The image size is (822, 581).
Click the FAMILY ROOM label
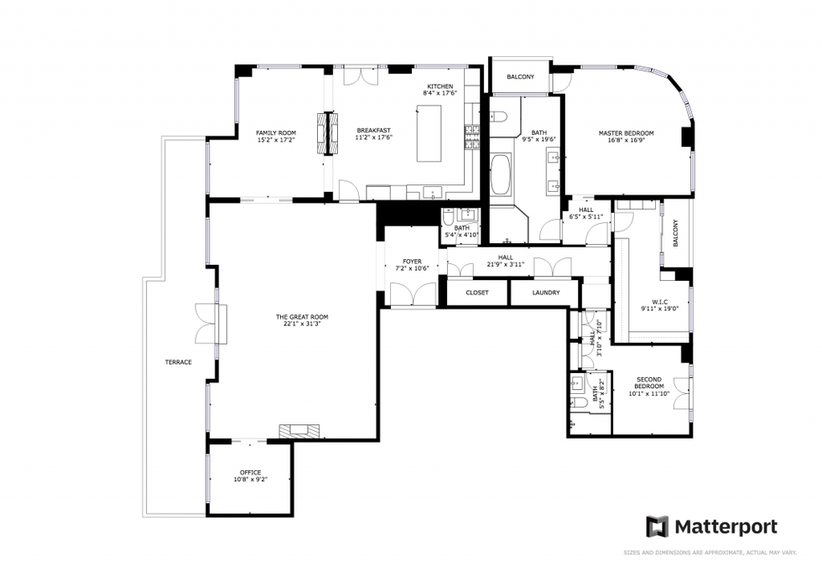(x=276, y=132)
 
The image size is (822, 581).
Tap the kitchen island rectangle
(x=430, y=132)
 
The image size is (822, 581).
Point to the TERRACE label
(x=178, y=362)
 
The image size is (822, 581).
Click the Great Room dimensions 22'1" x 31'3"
(x=302, y=324)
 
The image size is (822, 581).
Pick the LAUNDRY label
(x=546, y=293)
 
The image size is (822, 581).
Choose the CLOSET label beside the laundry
(x=477, y=293)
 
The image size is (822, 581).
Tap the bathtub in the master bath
(x=501, y=174)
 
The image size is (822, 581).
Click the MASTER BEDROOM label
(x=626, y=133)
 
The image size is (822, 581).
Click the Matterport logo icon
(x=657, y=527)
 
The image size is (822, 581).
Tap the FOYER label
(x=412, y=262)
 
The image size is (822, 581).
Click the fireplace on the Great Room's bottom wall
(x=300, y=431)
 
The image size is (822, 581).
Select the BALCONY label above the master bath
(x=520, y=77)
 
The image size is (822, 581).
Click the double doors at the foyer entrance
(x=413, y=295)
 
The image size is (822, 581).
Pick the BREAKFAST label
(x=374, y=130)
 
